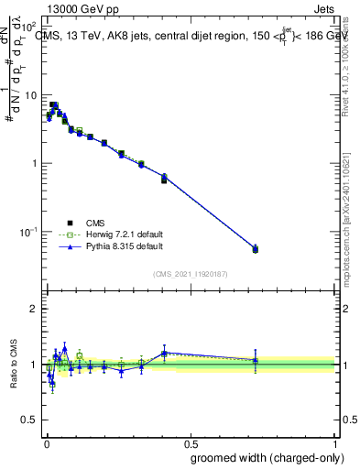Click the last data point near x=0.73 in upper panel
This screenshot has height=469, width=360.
(256, 248)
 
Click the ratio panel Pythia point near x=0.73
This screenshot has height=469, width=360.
(256, 360)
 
